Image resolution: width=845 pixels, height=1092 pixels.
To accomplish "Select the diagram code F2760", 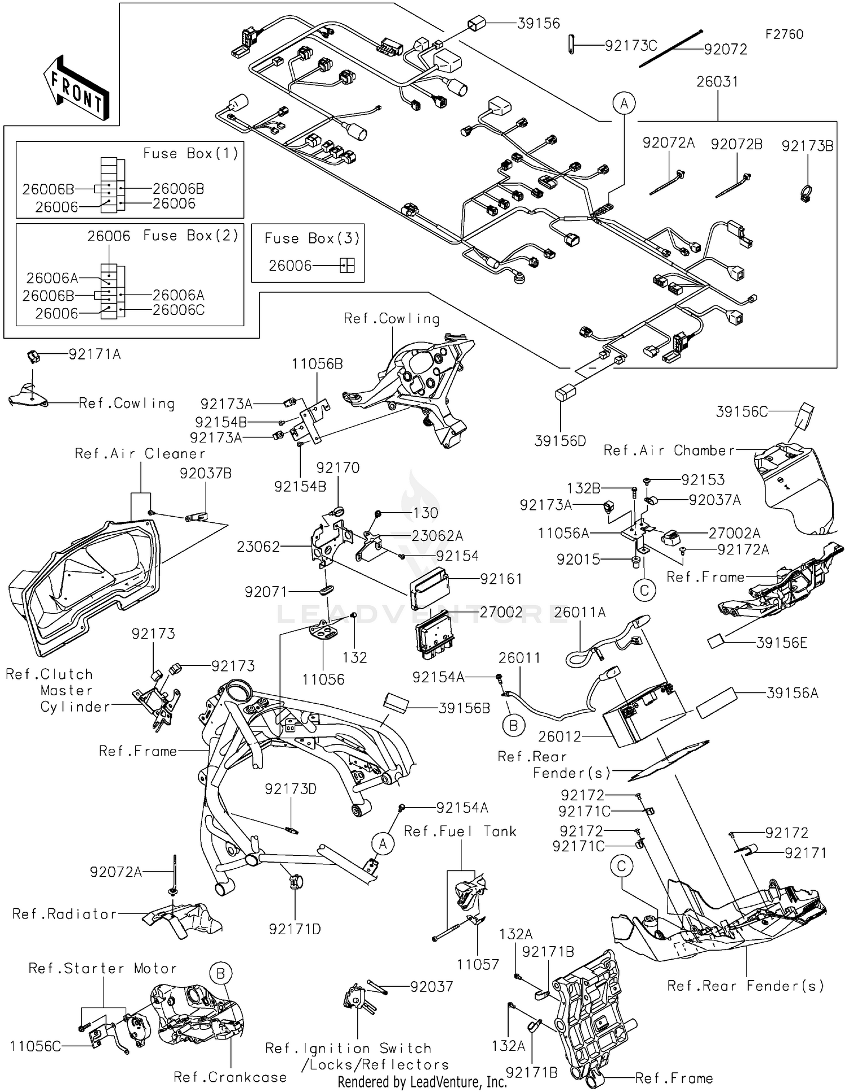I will click(784, 34).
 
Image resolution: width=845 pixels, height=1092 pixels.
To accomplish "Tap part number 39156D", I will click(560, 441).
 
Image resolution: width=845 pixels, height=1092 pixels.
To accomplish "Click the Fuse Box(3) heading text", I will click(312, 238).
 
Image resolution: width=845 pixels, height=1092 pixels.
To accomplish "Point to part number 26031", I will click(717, 82).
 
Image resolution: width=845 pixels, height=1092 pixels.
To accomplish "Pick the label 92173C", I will click(630, 46).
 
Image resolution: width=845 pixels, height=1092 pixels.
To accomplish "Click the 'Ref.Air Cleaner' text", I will click(140, 454).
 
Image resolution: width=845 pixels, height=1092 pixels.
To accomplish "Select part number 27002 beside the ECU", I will click(501, 612).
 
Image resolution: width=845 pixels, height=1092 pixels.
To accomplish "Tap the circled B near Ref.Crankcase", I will click(220, 974).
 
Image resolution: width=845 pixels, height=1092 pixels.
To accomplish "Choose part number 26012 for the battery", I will click(559, 736).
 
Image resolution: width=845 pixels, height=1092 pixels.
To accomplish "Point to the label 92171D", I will click(295, 929).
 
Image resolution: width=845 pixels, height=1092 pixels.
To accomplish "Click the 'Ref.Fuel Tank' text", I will click(460, 832).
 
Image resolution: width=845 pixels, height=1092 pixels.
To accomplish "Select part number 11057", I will click(478, 964).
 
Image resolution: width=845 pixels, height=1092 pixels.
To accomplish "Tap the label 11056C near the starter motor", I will click(35, 1046).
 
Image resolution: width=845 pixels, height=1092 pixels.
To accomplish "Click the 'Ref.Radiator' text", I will click(64, 914).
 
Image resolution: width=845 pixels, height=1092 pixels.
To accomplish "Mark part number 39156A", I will click(792, 693).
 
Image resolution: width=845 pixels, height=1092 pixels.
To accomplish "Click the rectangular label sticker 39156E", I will click(716, 641).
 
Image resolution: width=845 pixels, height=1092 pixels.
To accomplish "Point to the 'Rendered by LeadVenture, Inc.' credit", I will click(422, 1082).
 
